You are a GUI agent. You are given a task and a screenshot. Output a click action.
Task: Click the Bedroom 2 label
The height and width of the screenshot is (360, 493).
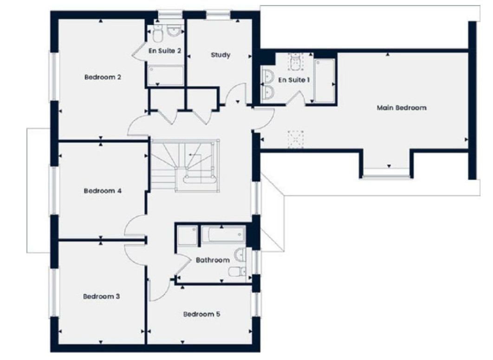103,77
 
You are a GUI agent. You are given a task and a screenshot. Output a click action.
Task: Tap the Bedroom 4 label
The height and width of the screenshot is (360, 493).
103,191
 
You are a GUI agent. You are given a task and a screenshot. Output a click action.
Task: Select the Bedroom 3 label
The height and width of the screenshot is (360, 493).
102,296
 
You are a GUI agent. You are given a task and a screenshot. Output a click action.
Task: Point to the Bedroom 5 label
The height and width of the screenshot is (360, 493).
202,314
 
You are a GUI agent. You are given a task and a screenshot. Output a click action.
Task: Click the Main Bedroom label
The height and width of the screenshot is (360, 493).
402,108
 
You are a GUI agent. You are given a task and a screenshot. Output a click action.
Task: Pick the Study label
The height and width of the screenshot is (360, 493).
221,55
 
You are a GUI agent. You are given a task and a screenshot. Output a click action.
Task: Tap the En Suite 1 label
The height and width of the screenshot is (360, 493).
294,80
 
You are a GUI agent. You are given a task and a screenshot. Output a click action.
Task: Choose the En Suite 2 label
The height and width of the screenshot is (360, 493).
165,51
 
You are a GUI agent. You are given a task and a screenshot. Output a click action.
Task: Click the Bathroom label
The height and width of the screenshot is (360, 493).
213,260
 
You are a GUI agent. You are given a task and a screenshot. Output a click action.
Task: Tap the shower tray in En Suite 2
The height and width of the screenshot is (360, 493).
165,76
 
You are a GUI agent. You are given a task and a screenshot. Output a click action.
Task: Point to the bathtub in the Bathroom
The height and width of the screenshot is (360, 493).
223,234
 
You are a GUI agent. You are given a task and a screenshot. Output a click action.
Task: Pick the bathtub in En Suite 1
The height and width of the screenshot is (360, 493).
324,81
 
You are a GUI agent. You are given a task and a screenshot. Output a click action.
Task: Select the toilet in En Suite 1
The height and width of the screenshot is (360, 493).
295,63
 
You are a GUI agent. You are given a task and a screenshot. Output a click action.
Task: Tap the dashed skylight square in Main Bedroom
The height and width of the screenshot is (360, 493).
296,139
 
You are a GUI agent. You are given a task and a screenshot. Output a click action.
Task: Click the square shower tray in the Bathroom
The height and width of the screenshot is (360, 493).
188,235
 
